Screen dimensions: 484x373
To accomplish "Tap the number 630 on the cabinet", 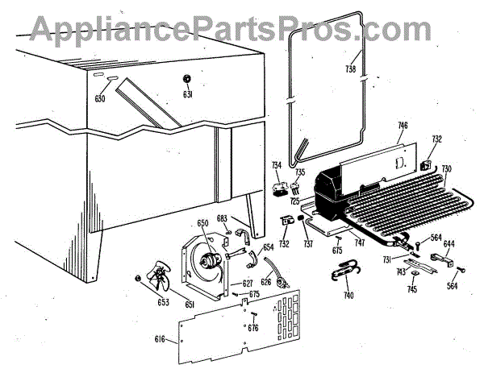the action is [100, 99].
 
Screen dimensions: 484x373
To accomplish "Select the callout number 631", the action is [188, 94].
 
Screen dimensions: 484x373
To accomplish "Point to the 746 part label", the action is [403, 126].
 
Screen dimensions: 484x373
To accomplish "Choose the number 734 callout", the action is [277, 165].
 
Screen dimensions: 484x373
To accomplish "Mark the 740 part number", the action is [348, 296].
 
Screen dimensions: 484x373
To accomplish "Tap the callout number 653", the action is [164, 303].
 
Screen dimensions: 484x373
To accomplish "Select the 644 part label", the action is [449, 244].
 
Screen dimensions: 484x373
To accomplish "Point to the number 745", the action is [411, 290].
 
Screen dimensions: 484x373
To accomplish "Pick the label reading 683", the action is [222, 218].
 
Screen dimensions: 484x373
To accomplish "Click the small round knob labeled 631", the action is [187, 79].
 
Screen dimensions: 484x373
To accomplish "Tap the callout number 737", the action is [307, 245].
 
